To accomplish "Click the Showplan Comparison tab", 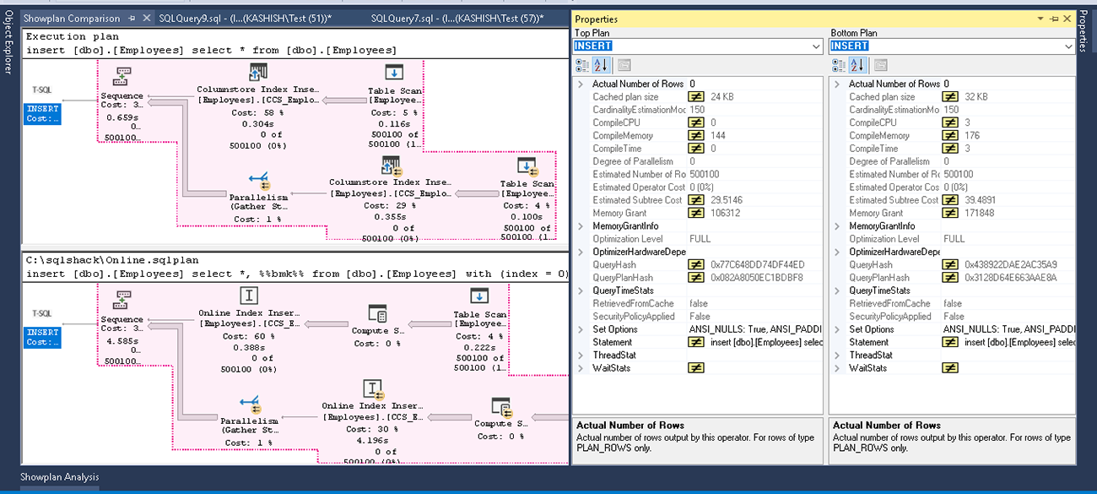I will coord(71,19).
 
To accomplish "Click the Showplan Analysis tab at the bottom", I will coord(59,477).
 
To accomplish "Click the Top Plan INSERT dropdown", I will coord(698,46).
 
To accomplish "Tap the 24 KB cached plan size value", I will coord(722,97).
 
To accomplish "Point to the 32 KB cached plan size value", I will coord(979,97).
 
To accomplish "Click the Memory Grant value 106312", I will coord(728,214).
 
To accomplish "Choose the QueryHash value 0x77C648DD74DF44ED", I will coord(758,265).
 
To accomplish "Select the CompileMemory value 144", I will coord(719,136).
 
